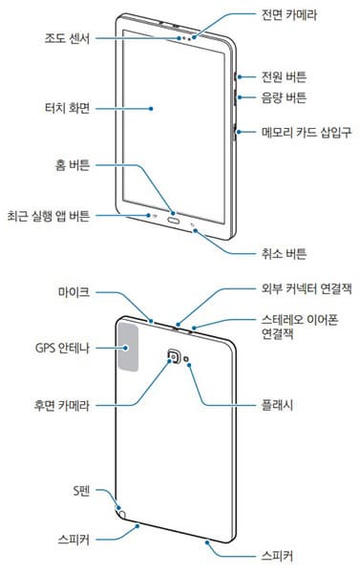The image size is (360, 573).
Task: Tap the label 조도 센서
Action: tap(68, 40)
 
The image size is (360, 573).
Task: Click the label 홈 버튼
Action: tap(73, 165)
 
